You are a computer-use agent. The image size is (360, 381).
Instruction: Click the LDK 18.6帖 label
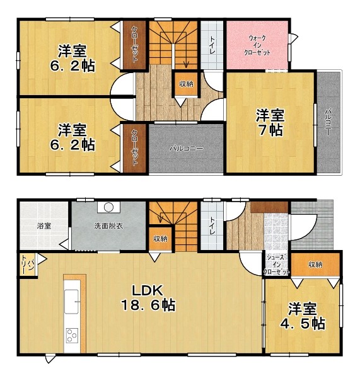click(x=148, y=298)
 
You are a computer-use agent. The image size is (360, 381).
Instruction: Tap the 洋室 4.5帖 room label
click(x=303, y=316)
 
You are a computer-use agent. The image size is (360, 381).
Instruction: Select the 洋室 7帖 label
click(x=270, y=123)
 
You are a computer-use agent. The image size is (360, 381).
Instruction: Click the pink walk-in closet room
click(x=257, y=45)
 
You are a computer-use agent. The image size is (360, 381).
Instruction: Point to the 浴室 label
click(x=44, y=226)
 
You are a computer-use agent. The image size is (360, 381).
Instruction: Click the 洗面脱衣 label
click(x=108, y=226)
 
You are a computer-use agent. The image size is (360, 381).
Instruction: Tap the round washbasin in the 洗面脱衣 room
click(x=108, y=207)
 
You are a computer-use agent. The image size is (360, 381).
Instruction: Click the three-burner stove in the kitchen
click(x=73, y=335)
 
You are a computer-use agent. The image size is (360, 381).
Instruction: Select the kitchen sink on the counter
click(x=71, y=302)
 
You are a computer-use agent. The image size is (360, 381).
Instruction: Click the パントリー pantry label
click(x=28, y=264)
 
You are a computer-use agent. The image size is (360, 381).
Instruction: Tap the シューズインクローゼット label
click(x=277, y=265)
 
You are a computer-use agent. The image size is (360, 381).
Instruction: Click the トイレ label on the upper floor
click(x=212, y=45)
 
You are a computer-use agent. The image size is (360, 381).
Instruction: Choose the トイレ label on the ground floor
click(x=212, y=226)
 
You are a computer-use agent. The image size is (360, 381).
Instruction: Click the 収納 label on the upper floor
click(x=186, y=84)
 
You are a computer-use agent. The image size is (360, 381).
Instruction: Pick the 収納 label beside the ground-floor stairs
click(x=160, y=239)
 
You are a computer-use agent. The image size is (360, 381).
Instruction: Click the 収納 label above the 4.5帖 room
click(x=315, y=264)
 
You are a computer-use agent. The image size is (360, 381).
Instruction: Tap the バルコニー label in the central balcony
click(x=186, y=148)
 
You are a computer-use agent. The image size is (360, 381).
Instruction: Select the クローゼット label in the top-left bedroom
click(x=134, y=45)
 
